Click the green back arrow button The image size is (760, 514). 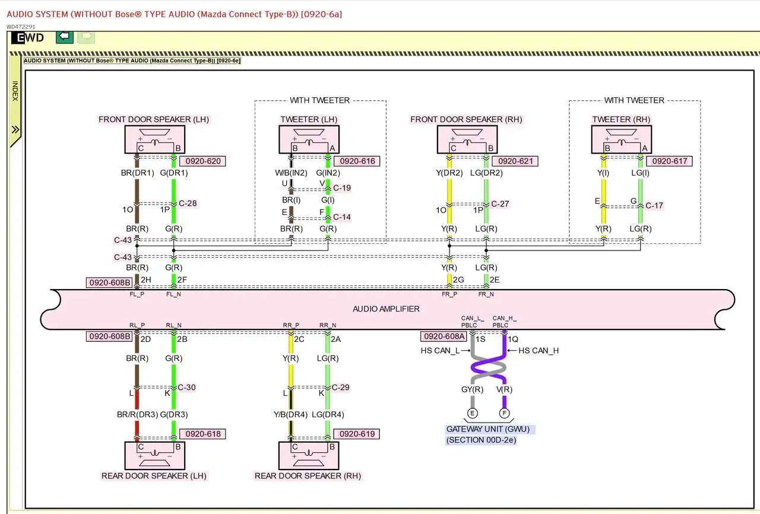[x=65, y=37]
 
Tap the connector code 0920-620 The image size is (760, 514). [x=203, y=161]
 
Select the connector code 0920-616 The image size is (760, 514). [x=356, y=161]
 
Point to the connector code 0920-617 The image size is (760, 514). [x=670, y=161]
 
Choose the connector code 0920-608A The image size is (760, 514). [x=443, y=336]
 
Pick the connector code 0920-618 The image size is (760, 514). [x=203, y=434]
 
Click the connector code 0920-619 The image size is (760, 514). [x=357, y=434]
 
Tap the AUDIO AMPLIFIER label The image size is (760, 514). [x=386, y=309]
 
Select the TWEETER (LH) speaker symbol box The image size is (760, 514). [x=309, y=140]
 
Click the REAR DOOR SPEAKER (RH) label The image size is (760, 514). [x=308, y=475]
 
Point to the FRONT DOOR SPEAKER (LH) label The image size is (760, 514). [x=154, y=119]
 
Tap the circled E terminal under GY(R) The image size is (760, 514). [x=473, y=413]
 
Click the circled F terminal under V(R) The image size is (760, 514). [x=505, y=413]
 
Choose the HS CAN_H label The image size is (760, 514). [x=539, y=350]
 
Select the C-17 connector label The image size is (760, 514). [x=654, y=205]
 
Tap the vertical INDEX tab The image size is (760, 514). [x=15, y=91]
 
